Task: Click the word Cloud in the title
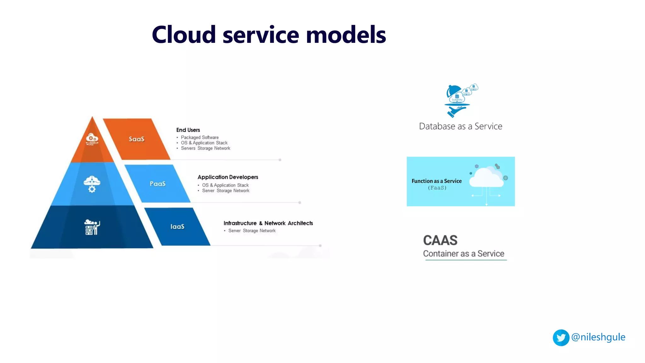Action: [184, 35]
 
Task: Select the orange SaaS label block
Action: [136, 139]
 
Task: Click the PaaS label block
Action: [157, 184]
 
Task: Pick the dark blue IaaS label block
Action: [177, 227]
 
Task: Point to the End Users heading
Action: [188, 130]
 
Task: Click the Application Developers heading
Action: [228, 177]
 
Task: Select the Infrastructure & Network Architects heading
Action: [268, 223]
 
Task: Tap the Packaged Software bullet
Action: [199, 137]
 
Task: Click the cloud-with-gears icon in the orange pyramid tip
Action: [92, 139]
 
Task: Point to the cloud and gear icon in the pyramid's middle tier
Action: [92, 184]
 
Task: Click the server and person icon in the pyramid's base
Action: [92, 227]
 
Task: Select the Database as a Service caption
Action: [460, 126]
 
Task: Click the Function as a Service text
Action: [437, 181]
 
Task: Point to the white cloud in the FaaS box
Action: [486, 178]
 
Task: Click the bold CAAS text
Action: [440, 240]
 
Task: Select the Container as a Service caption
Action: [463, 254]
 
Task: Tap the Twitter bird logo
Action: [561, 338]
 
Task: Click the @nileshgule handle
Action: [598, 337]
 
